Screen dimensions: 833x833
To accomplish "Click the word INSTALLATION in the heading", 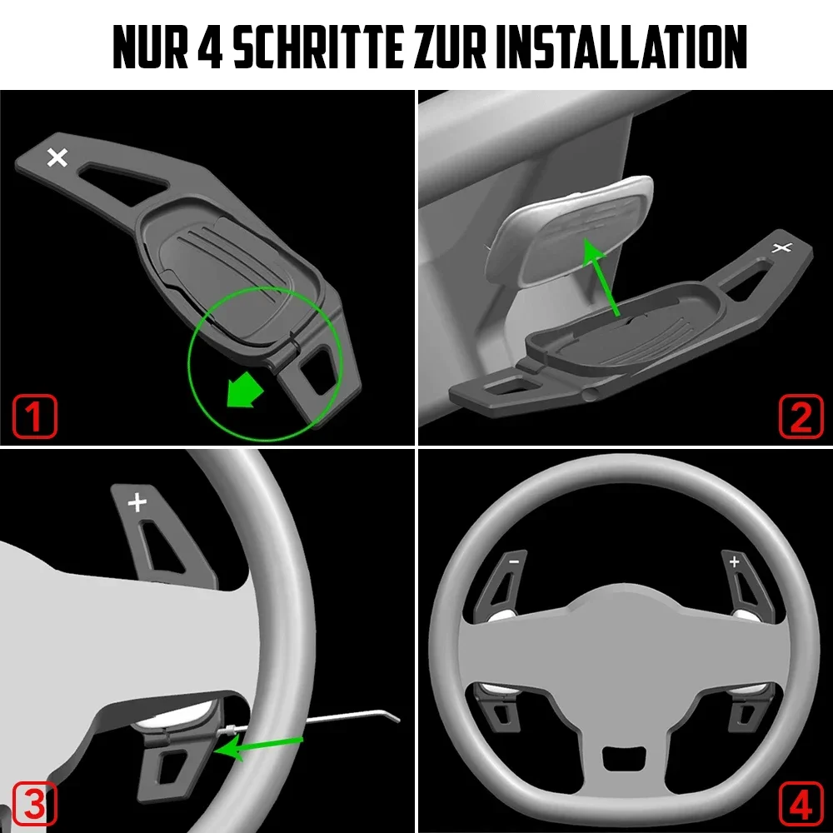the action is pyautogui.click(x=621, y=47).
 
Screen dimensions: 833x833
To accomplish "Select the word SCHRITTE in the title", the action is pyautogui.click(x=317, y=47).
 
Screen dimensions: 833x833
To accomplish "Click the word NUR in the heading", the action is pyautogui.click(x=150, y=47).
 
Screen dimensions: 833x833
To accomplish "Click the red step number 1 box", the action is pyautogui.click(x=34, y=416).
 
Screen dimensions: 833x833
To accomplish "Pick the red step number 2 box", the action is pyautogui.click(x=801, y=416).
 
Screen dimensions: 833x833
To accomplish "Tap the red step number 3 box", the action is pyautogui.click(x=34, y=803).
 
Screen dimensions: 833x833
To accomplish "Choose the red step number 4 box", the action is pyautogui.click(x=801, y=803).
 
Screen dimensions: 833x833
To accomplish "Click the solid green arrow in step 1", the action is pyautogui.click(x=244, y=391).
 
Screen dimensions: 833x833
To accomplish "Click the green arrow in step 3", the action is pyautogui.click(x=259, y=746).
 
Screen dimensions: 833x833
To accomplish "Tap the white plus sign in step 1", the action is pyautogui.click(x=57, y=157).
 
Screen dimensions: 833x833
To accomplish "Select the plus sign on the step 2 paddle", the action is pyautogui.click(x=782, y=247).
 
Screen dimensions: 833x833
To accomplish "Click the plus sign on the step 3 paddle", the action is pyautogui.click(x=137, y=502).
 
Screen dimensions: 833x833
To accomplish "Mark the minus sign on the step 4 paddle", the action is pyautogui.click(x=514, y=561).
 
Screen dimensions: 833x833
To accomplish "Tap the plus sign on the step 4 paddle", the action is pyautogui.click(x=734, y=561).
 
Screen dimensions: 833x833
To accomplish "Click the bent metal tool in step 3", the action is pyautogui.click(x=313, y=721).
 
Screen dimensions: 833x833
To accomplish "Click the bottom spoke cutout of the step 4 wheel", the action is pyautogui.click(x=624, y=757).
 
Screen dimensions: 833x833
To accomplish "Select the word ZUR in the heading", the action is pyautogui.click(x=449, y=47).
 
